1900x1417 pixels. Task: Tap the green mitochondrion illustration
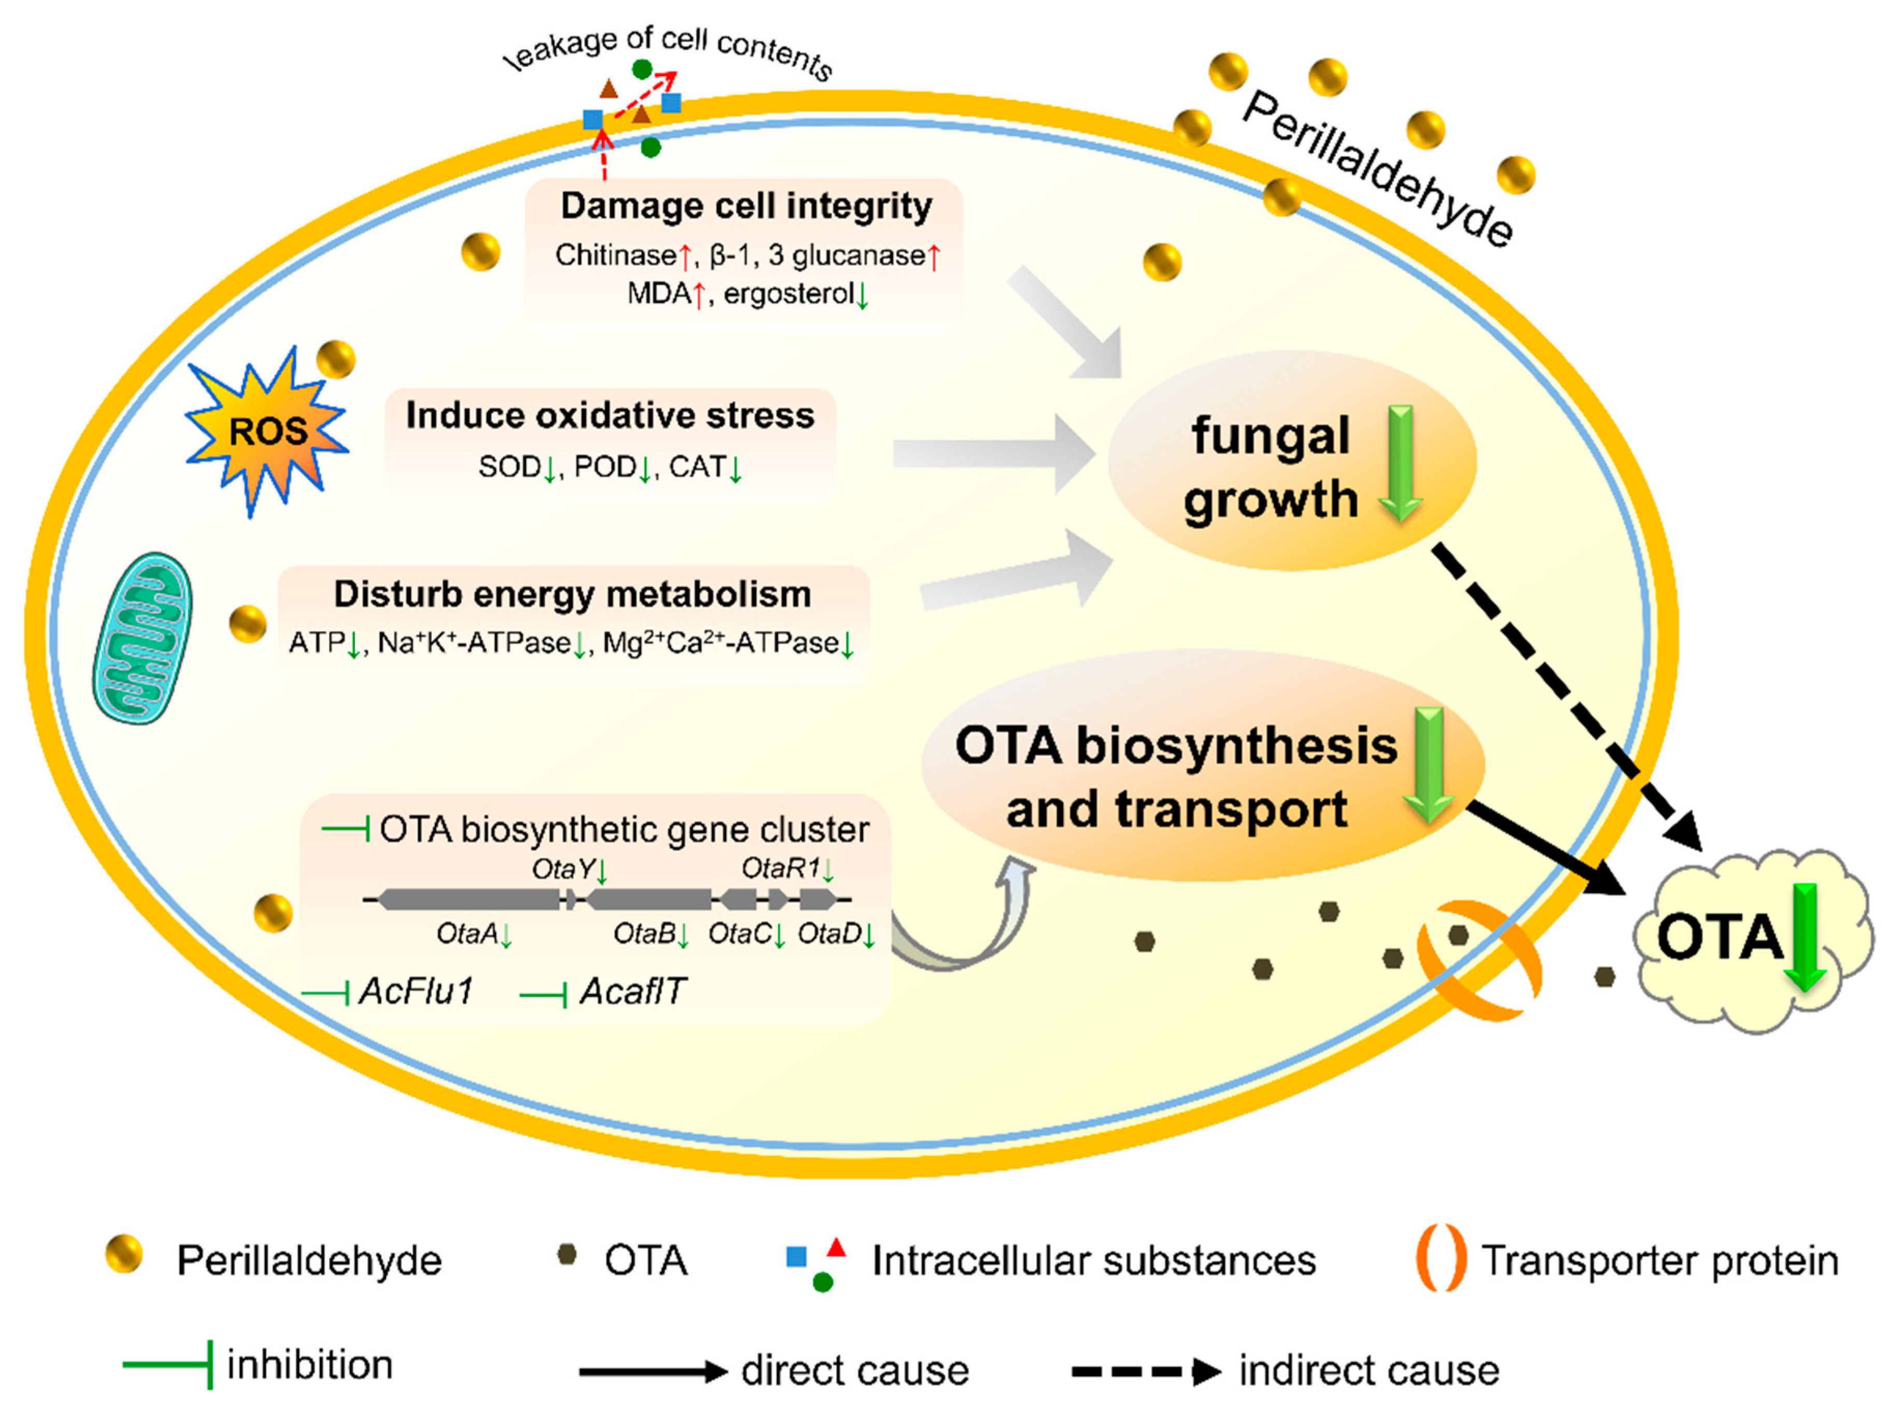[x=143, y=638]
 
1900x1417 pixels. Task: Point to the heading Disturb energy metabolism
[x=572, y=594]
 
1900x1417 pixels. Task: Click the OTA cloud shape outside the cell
[x=1750, y=939]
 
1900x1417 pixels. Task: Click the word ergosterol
[x=788, y=294]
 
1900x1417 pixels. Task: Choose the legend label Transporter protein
[x=1660, y=1261]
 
